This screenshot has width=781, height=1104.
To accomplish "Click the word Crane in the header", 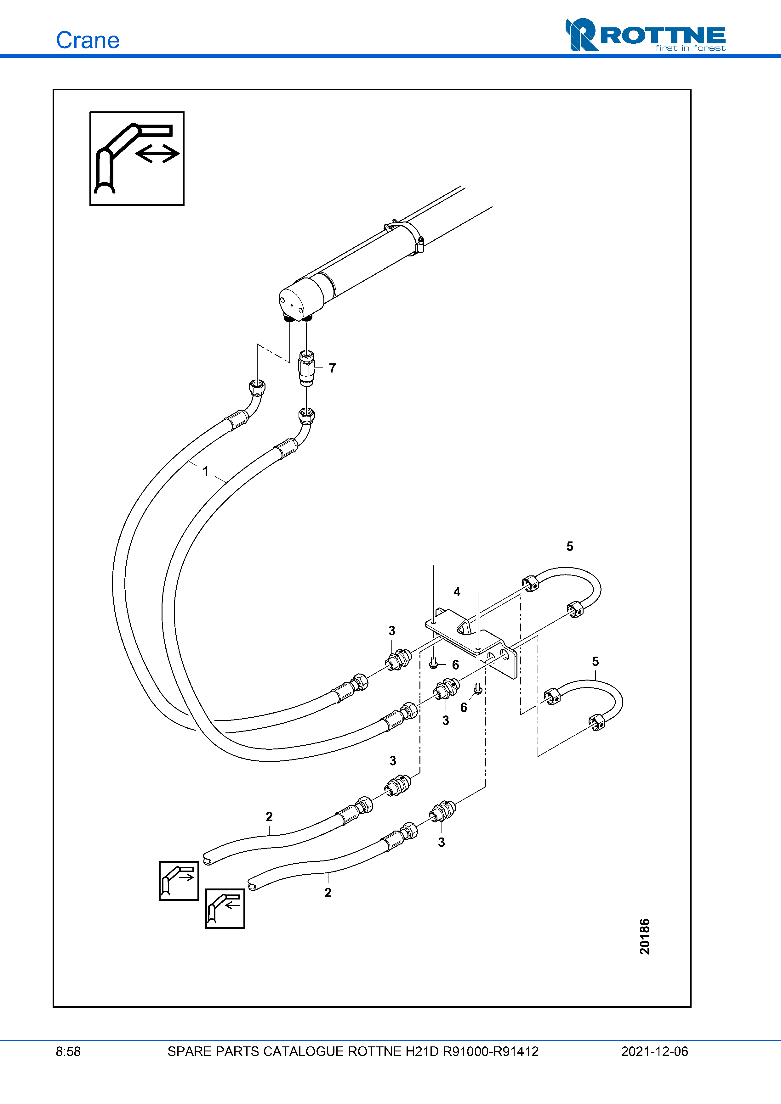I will (88, 40).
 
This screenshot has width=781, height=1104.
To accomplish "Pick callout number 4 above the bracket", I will (457, 591).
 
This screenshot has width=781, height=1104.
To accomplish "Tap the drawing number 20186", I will (644, 936).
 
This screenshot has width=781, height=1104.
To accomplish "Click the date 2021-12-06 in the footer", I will (654, 1051).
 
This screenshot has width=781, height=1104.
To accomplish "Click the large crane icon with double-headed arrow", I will (137, 159).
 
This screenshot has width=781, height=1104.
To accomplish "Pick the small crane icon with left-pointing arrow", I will (225, 908).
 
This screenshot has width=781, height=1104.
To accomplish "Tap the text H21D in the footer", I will (422, 1051).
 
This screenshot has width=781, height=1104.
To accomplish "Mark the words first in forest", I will (690, 48).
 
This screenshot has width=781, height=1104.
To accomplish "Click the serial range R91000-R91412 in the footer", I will (490, 1051).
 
